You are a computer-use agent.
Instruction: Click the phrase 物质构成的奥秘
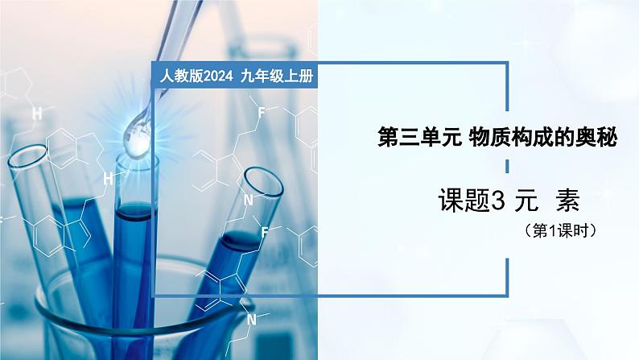[542, 139]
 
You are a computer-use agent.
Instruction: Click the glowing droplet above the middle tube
[135, 140]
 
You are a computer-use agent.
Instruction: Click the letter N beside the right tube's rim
[249, 200]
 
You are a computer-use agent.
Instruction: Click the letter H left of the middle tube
[108, 177]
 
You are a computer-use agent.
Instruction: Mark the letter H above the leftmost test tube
[36, 114]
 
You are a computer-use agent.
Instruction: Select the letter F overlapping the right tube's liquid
[264, 231]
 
